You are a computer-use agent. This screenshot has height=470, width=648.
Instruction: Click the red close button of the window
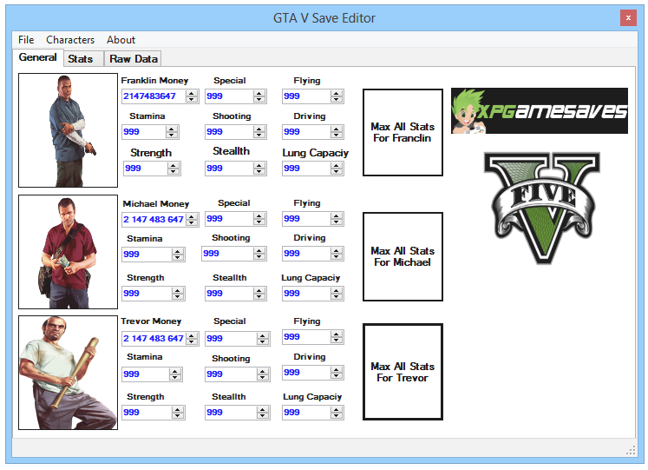coord(626,17)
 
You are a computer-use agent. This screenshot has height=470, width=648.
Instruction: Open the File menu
coord(26,40)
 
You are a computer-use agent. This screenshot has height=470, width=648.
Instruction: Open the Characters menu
coord(70,40)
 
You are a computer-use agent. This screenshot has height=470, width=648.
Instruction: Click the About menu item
coord(121,40)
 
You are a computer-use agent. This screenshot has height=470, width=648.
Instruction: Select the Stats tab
coord(81,59)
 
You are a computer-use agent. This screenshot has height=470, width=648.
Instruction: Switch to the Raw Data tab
coord(134,59)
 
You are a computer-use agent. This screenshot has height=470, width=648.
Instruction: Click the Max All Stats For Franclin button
coord(403,132)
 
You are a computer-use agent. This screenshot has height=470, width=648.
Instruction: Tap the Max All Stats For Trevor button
coord(403,372)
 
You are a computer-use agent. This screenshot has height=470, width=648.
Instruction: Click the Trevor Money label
coord(152,321)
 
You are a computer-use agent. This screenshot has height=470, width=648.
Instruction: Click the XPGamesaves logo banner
coord(539,110)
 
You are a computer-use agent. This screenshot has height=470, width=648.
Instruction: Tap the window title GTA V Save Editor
coord(324,17)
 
